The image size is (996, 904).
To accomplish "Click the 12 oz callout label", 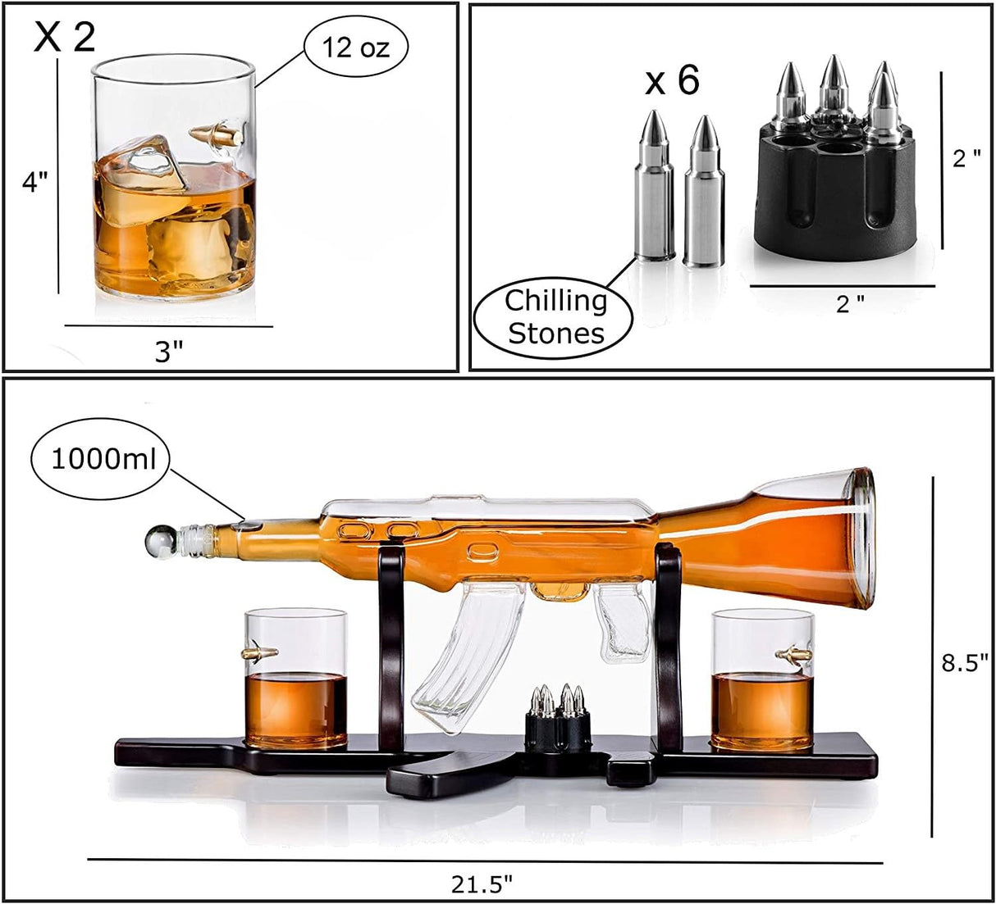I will [355, 48].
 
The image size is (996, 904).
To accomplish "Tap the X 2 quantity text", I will [64, 37].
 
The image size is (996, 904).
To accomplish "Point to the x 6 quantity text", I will [672, 81].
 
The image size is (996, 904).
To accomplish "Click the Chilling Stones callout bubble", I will [555, 317].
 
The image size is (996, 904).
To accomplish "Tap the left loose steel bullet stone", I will [652, 189].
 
